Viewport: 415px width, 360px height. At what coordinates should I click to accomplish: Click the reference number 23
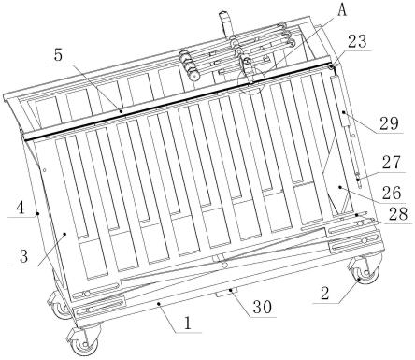click(357, 41)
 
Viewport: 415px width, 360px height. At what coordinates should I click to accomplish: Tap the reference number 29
click(389, 123)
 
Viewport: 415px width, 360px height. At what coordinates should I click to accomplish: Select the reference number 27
click(392, 164)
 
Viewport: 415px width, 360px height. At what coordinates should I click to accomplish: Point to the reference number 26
click(392, 193)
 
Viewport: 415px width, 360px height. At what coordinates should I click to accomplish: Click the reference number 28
click(398, 214)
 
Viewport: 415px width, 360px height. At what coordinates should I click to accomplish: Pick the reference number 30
click(263, 307)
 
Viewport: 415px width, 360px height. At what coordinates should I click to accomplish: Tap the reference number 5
click(58, 55)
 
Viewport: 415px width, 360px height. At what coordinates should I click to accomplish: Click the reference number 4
click(21, 208)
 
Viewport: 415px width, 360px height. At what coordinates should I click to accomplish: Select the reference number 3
click(23, 257)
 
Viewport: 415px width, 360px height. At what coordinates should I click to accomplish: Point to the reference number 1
click(188, 324)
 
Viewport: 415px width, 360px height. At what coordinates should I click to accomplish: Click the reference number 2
click(324, 293)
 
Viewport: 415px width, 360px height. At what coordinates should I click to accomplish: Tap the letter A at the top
click(342, 10)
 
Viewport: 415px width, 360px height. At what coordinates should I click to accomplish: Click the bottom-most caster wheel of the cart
click(85, 341)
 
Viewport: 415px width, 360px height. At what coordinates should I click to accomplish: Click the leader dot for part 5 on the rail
click(122, 110)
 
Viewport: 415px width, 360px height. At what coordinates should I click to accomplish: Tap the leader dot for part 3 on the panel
click(64, 234)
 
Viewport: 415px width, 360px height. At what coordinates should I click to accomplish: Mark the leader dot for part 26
click(340, 187)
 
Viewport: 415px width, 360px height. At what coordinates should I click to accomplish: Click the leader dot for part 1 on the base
click(159, 303)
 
